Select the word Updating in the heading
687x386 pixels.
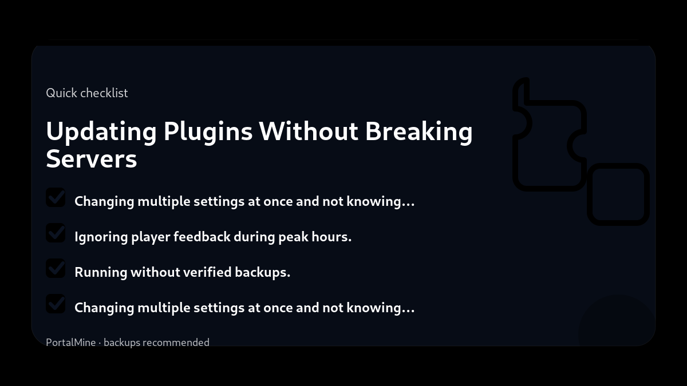[x=101, y=132]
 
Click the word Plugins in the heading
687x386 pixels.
[x=208, y=132]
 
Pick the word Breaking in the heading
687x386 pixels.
[x=419, y=132]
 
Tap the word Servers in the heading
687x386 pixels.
[x=92, y=159]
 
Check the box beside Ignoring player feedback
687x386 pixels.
[x=56, y=233]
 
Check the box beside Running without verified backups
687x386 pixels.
[x=56, y=268]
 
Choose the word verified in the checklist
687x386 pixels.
[x=207, y=272]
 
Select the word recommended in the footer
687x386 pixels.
[x=176, y=343]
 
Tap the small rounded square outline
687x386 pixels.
[x=618, y=194]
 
